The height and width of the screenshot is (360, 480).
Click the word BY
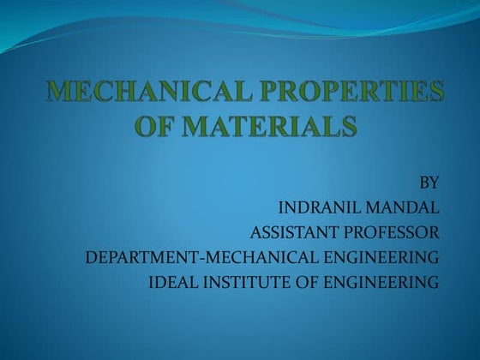[429, 183]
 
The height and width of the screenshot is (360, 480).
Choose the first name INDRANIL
[320, 207]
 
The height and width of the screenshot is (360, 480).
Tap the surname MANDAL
[402, 207]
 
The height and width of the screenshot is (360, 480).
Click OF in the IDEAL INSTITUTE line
[296, 282]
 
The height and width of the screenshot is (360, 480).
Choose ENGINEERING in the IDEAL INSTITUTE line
[378, 282]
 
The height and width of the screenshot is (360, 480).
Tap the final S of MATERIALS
[348, 126]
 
